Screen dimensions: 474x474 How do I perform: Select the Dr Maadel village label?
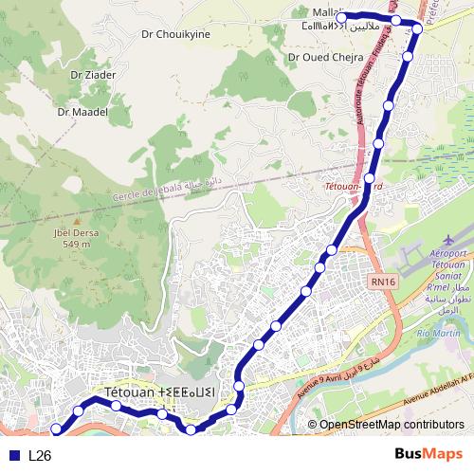point(82,111)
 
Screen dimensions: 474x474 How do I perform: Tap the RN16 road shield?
point(384,281)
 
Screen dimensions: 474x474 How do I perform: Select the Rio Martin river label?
point(437,333)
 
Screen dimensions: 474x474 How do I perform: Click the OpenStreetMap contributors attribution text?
point(391,425)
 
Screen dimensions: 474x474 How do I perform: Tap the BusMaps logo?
point(428,454)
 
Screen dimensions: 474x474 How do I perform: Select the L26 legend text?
point(40,455)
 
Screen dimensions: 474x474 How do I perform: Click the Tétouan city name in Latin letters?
point(130,392)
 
